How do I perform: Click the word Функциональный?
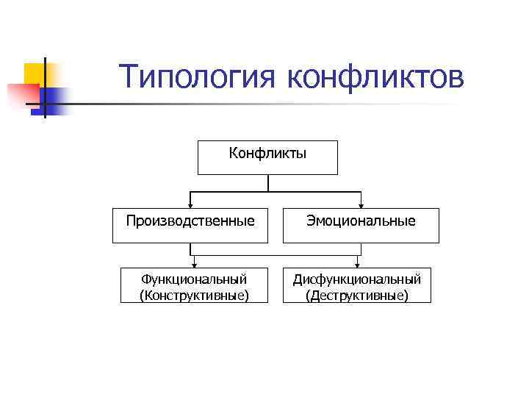click(193, 279)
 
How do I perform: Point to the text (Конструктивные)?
click(193, 295)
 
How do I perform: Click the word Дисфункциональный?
click(356, 279)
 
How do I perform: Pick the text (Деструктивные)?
click(356, 295)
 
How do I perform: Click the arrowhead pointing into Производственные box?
click(191, 205)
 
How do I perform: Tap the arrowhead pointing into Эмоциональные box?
click(361, 205)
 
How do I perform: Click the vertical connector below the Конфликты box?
click(268, 183)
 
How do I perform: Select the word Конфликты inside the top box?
click(267, 154)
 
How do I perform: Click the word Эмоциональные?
click(361, 221)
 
